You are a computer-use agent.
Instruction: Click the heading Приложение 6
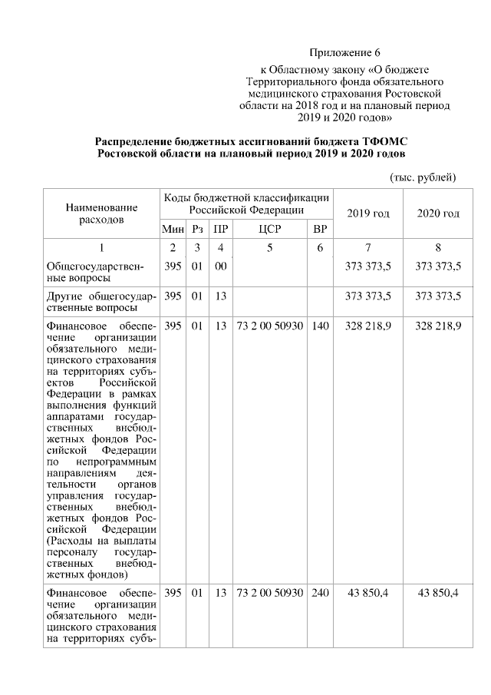(x=344, y=52)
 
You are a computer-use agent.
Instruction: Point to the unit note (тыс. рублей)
(x=423, y=177)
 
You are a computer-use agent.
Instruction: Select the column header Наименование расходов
(x=101, y=213)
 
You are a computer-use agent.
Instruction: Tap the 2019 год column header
(x=368, y=213)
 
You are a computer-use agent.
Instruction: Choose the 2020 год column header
(x=438, y=213)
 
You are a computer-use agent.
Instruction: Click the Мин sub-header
(x=173, y=229)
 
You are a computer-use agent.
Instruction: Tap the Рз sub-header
(x=198, y=229)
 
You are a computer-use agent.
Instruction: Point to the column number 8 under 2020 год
(x=438, y=248)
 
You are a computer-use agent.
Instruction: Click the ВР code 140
(x=321, y=326)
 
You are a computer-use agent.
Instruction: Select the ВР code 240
(x=321, y=594)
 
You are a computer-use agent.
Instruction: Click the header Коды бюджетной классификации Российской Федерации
(x=246, y=204)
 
